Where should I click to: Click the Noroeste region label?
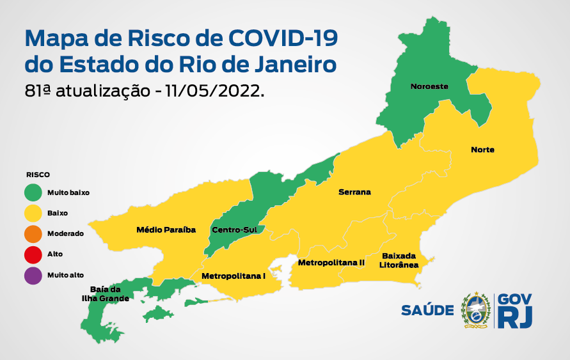429,86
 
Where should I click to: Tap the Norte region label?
482,150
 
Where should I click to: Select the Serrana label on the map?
354,192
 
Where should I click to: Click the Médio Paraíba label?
166,229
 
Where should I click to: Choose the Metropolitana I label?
233,276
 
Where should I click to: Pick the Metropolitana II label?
331,263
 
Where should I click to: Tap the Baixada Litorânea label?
400,259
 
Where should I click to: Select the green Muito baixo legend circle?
33,191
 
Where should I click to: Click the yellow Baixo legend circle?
33,212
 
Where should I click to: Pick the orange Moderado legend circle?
33,233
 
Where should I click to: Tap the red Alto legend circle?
33,254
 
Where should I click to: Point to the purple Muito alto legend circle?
33,275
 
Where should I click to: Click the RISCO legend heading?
38,174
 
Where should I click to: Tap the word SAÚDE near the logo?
427,311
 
